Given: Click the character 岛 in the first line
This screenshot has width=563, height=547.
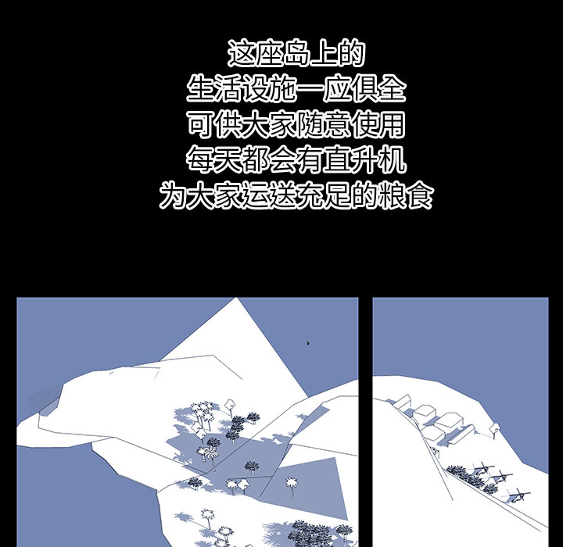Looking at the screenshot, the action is point(296,53).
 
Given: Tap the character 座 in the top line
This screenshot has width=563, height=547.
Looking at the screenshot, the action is point(269,53).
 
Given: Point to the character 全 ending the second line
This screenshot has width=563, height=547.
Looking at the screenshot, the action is point(392,88).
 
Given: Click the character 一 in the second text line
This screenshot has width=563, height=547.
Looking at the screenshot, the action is point(310,89).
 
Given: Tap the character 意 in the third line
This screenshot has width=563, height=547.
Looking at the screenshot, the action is point(337,123).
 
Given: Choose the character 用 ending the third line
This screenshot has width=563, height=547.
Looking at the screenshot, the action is point(392,123).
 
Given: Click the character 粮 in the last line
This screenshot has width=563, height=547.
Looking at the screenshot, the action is point(392,195).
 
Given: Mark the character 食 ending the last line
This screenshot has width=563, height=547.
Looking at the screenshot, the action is point(419,195).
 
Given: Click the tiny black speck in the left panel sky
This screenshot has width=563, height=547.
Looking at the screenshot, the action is point(308,344).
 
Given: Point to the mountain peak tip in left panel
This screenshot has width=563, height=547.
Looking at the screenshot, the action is point(238,299).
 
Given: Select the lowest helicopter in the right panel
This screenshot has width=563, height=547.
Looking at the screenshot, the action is point(518,495).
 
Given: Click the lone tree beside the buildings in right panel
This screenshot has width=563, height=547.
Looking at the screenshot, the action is point(494,429).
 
